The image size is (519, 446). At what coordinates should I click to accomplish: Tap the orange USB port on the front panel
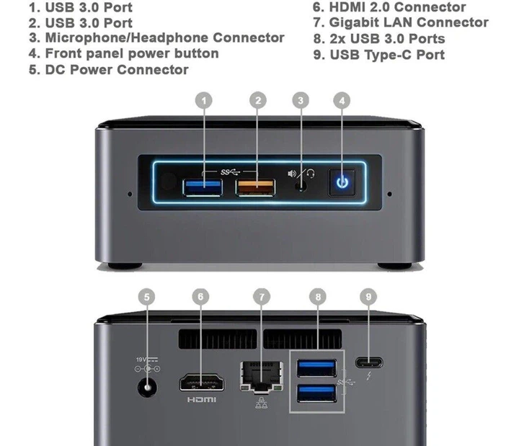coord(256,188)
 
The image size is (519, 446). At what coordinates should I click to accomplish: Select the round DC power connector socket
coord(148,388)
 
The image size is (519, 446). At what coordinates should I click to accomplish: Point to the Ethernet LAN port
coord(259,374)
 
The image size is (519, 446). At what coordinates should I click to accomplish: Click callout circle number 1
coord(205,101)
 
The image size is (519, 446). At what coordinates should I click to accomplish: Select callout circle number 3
coord(301,101)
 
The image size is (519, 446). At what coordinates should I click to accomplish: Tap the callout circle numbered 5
coord(147,297)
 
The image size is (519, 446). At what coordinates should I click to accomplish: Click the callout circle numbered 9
coord(368,297)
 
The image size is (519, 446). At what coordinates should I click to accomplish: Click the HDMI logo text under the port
coord(201,399)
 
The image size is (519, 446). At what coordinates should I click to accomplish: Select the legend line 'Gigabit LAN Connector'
coord(400,22)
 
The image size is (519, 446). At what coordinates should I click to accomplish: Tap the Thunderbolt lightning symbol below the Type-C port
coord(368,376)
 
